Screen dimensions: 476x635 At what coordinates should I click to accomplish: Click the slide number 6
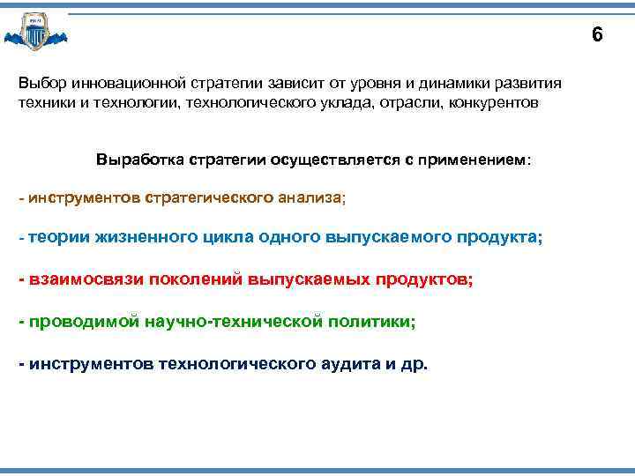597,35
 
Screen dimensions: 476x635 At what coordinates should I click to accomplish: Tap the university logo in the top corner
36,33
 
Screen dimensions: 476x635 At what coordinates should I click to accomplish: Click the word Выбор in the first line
39,83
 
